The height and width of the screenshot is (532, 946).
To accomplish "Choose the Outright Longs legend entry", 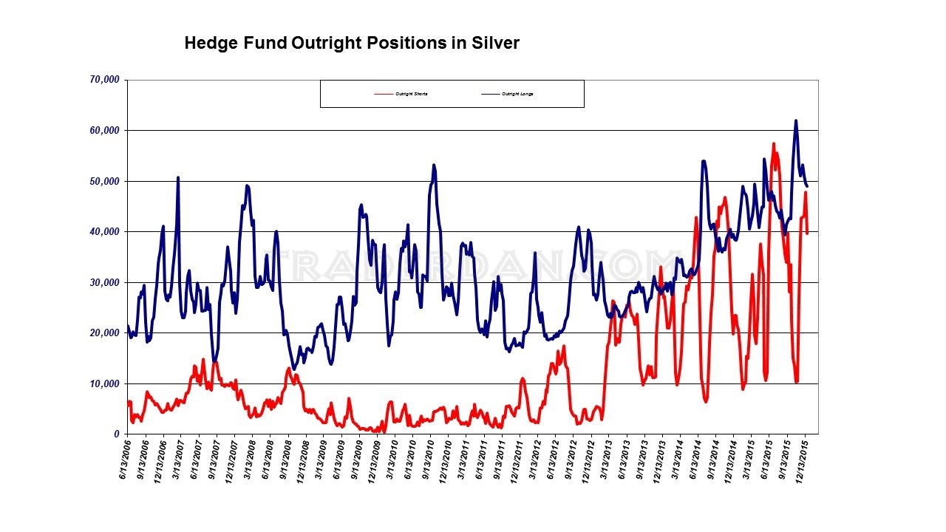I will (x=517, y=94).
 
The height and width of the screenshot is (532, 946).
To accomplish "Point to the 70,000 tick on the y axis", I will (x=103, y=80).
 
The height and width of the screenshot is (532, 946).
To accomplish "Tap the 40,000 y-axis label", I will (x=103, y=232).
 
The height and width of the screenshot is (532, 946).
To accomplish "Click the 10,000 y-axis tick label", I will (x=103, y=383).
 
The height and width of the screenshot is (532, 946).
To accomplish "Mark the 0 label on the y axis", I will (x=117, y=434).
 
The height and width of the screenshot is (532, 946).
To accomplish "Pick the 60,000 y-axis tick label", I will (x=103, y=131).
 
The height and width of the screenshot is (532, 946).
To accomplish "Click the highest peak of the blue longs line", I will (x=796, y=120).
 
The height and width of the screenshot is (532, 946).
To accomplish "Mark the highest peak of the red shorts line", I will (x=774, y=143).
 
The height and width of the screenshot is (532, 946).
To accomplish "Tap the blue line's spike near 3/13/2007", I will (x=178, y=177).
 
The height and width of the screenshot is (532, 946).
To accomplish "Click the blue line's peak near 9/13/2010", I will (x=434, y=165).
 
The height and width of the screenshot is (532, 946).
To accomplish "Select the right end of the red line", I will (x=808, y=233).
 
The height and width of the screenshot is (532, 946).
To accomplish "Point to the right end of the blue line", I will (x=808, y=185).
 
